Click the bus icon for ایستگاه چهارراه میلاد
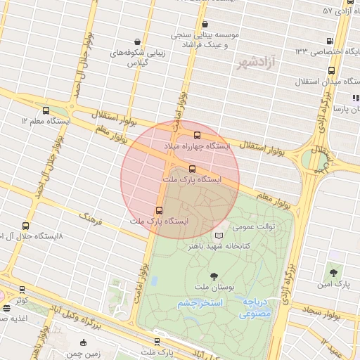197,135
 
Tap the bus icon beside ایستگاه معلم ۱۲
46,110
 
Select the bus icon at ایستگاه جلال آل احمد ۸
26,226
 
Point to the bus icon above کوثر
22,290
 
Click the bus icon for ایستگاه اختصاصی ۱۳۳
330,40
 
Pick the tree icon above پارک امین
333,272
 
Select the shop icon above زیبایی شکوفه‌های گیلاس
146,41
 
